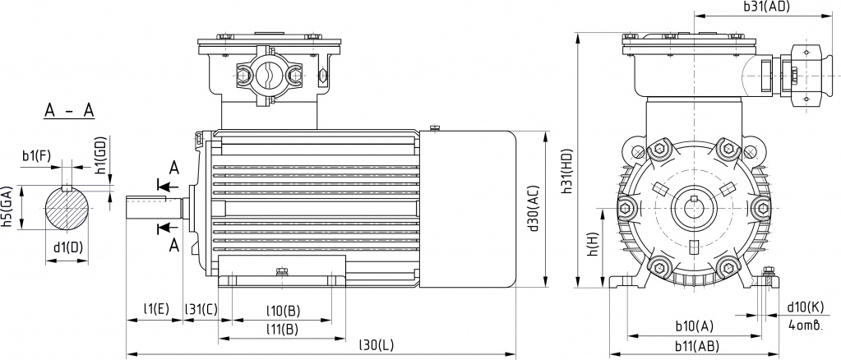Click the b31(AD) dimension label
coord(767,7)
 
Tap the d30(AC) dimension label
coord(533,209)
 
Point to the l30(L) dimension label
coord(376,345)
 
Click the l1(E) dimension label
coord(156,308)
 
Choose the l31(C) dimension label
coord(201,308)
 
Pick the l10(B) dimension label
coord(283,311)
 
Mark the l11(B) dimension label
coord(283,329)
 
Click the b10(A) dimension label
coord(695,325)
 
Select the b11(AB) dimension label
coord(697,346)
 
